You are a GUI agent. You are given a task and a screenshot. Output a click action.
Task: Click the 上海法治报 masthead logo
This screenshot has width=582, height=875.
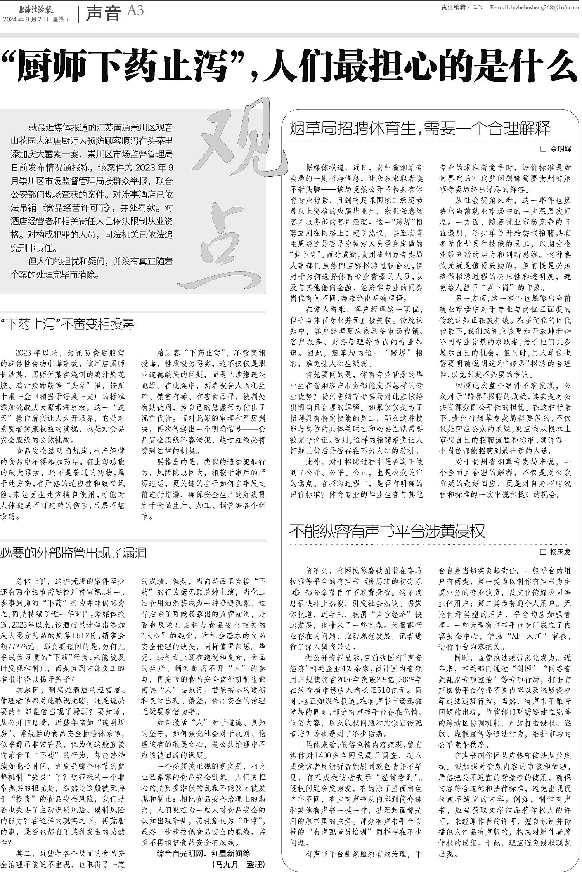click(36, 9)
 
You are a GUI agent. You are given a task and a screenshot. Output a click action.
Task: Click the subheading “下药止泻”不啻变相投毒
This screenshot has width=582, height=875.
click(68, 325)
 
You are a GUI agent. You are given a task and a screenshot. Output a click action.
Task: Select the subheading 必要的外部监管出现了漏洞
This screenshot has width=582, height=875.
click(73, 553)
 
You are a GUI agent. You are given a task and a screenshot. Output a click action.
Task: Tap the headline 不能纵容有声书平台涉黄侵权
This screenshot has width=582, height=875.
click(387, 531)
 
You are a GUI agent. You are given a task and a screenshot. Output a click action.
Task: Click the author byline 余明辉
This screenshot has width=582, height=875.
click(561, 149)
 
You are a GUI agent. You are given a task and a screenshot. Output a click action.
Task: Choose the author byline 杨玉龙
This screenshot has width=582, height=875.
click(561, 552)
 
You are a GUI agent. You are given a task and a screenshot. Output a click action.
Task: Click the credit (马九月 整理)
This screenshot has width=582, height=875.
click(239, 864)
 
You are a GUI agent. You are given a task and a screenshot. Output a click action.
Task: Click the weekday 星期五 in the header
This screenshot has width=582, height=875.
click(62, 19)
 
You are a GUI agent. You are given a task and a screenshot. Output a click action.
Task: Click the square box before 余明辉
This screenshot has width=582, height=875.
click(543, 149)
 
